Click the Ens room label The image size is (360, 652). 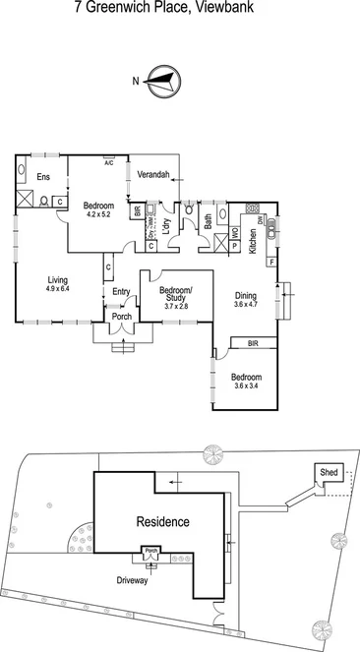(44, 177)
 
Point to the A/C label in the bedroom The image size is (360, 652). (108, 162)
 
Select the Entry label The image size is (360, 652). (121, 291)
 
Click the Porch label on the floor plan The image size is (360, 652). (123, 318)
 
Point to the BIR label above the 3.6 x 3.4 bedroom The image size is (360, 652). (253, 344)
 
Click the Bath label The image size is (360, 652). (209, 223)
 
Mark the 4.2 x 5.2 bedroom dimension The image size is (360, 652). (99, 214)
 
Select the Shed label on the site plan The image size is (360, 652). (328, 472)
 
